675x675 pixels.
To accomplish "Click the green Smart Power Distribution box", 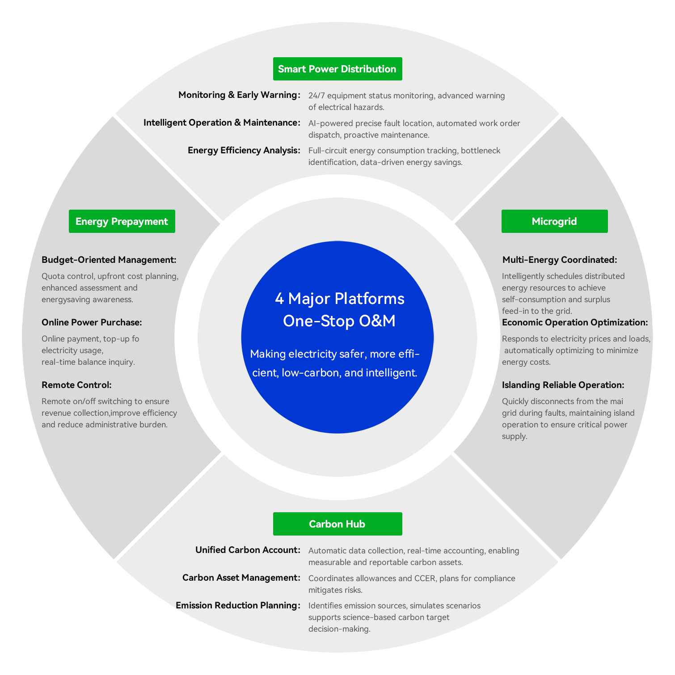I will coord(337,69).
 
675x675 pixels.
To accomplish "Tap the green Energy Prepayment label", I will coord(122,221).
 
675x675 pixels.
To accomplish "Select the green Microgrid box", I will coord(554,221).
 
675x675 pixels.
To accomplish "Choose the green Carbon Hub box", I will coord(337,524).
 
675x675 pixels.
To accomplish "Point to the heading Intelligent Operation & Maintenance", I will coord(222,122).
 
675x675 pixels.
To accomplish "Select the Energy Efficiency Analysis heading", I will coord(244,150).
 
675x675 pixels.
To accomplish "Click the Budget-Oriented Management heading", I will coord(109,260).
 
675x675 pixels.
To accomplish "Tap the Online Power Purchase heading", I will coord(92,322).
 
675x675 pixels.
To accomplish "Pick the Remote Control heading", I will coord(76,385).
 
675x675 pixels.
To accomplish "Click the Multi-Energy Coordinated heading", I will coord(560,260).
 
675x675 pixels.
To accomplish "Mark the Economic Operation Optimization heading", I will coord(575,322).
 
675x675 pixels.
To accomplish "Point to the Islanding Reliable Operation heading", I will coord(563,385).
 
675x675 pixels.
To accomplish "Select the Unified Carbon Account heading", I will coord(248,550).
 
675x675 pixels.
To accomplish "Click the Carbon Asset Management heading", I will coord(241,578).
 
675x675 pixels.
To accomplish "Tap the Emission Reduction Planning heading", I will coord(238,605).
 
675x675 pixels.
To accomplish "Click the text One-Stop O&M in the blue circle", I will coord(339,321).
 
